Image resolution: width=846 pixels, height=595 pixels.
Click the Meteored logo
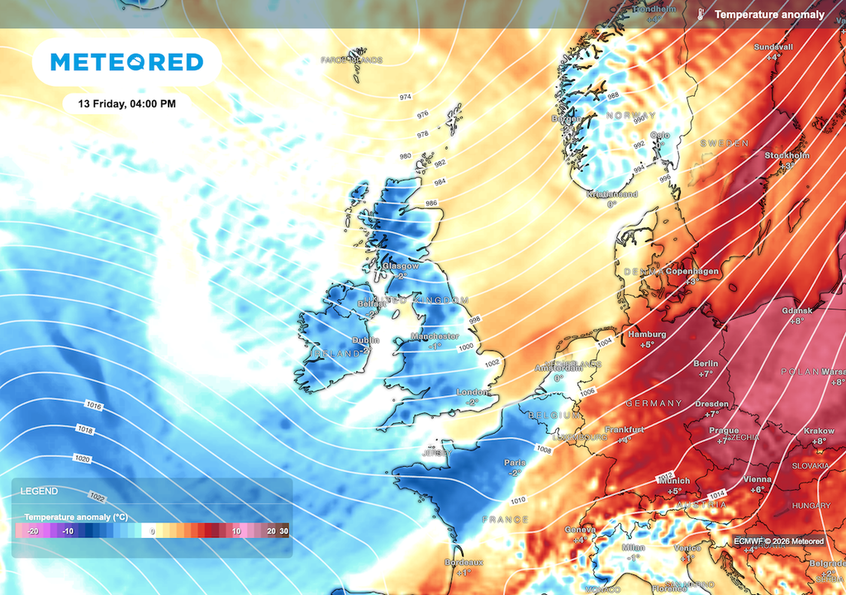(x=126, y=62)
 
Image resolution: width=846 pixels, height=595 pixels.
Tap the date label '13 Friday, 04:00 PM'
(x=126, y=104)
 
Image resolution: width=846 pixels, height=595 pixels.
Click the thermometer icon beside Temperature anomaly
(x=701, y=15)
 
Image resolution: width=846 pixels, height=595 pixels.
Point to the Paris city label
(x=515, y=463)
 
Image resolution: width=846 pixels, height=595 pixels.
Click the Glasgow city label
(x=401, y=266)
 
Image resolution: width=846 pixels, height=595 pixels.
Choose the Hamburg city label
(x=647, y=334)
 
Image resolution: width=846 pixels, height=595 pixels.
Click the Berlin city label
(x=706, y=364)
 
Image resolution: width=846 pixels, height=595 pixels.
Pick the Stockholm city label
(x=787, y=155)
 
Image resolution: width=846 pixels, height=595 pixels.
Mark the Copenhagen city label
(x=694, y=271)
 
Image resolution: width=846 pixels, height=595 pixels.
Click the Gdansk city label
(x=797, y=310)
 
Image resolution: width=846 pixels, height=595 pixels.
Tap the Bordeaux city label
(x=463, y=562)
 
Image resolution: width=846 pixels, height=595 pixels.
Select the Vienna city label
(x=757, y=479)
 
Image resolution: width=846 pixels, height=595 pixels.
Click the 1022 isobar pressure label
(x=97, y=497)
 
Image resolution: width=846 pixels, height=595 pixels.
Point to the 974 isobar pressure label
(x=406, y=98)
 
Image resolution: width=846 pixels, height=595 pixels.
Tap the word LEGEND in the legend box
(x=39, y=491)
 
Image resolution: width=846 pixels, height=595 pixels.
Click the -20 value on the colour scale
(x=33, y=531)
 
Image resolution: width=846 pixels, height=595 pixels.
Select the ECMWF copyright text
(x=778, y=541)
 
